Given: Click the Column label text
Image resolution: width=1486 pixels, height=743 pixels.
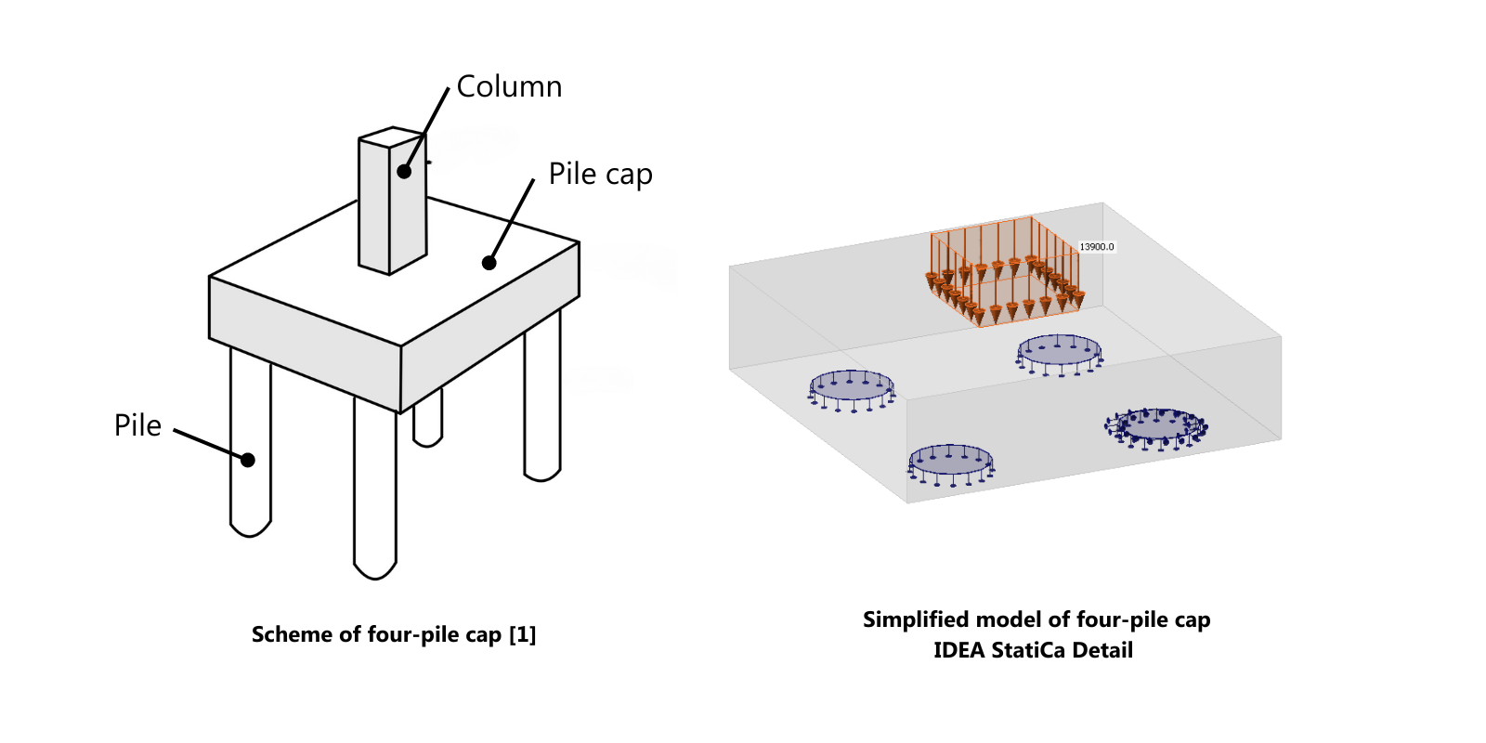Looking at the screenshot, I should [509, 86].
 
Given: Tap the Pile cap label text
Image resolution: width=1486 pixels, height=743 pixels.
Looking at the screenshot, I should [600, 174].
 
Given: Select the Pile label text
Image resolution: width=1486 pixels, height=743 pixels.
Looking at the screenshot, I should [137, 425].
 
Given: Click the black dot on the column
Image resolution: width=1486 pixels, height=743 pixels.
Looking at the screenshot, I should [404, 171].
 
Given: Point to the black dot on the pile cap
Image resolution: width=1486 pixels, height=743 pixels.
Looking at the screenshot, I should [489, 263].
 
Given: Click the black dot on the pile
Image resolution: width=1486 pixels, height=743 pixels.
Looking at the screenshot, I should [248, 460].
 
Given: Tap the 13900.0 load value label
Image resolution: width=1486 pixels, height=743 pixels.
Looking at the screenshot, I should [1096, 247].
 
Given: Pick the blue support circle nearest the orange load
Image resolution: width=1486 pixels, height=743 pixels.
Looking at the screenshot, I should [1059, 351].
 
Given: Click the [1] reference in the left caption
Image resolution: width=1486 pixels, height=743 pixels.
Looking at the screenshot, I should [522, 634].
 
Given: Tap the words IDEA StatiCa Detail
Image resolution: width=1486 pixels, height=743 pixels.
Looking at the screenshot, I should [1033, 650].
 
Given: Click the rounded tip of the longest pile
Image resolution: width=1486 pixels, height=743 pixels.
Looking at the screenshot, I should [375, 568].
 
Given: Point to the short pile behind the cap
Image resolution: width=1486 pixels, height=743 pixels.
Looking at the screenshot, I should [427, 423].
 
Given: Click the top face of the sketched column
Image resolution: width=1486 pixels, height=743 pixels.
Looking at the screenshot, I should [393, 137].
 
